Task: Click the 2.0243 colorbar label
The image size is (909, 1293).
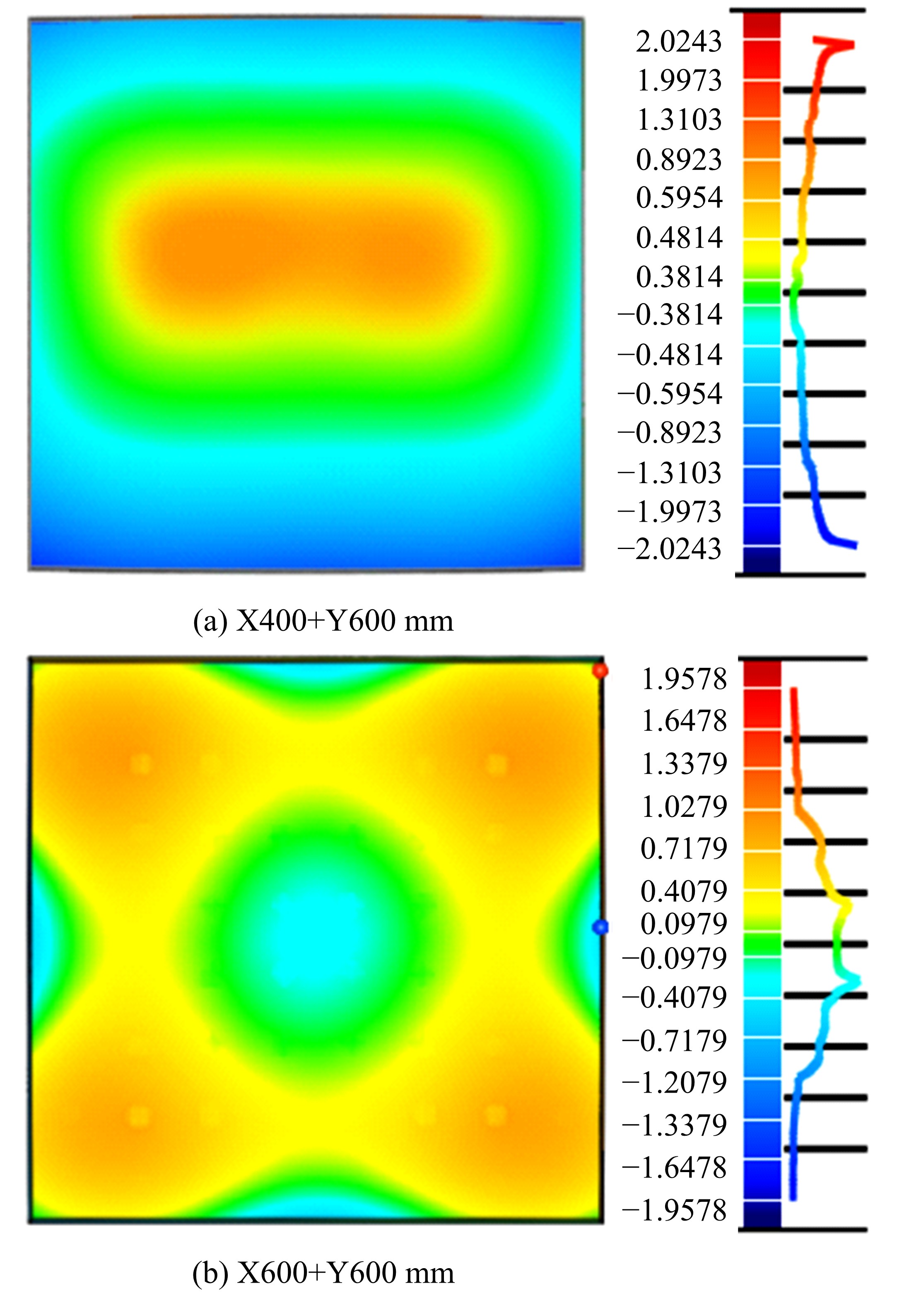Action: click(679, 42)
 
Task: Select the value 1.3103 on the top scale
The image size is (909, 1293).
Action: click(679, 120)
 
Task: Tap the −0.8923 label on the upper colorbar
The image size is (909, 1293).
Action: click(670, 433)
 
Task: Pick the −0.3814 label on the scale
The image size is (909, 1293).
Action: click(670, 315)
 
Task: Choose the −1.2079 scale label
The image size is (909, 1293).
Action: click(674, 1082)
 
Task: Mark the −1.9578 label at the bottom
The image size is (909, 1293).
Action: click(674, 1210)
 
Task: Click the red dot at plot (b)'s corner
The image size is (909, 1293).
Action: click(601, 671)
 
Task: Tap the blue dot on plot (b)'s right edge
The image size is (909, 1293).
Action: click(601, 927)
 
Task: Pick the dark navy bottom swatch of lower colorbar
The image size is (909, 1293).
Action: click(762, 1214)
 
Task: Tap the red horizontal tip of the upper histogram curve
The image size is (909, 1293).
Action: click(839, 43)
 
